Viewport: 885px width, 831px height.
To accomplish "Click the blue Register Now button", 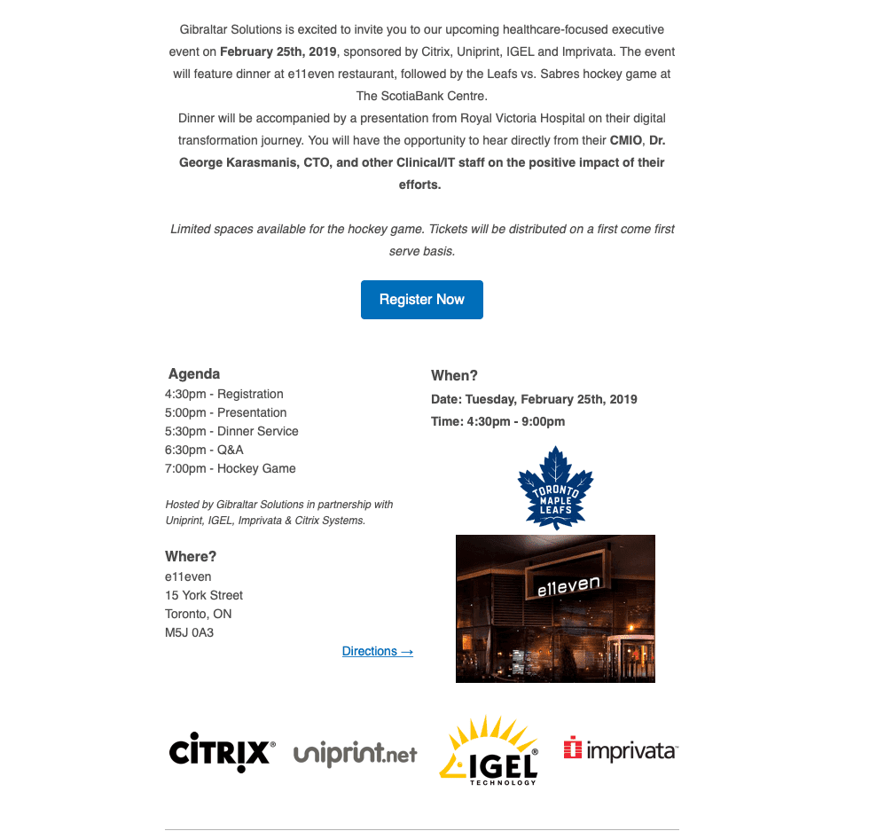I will click(x=422, y=300).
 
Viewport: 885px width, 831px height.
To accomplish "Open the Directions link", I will click(x=378, y=651).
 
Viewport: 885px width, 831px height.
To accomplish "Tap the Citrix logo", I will click(x=222, y=752).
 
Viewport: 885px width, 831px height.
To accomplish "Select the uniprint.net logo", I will click(x=355, y=754).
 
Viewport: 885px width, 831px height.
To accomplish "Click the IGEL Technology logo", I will click(x=489, y=752).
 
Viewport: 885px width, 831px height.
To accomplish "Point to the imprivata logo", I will click(x=621, y=750).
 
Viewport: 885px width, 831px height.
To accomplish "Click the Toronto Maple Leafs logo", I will click(x=555, y=488).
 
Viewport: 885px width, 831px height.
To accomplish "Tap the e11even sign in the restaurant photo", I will click(x=568, y=584).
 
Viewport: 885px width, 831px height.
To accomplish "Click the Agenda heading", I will click(x=194, y=374).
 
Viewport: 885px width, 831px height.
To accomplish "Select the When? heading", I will click(x=455, y=376).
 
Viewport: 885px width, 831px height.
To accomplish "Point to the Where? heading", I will click(x=191, y=557).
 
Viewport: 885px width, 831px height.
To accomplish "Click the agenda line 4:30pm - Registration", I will click(x=224, y=394).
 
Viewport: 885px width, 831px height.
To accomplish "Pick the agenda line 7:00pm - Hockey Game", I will click(x=231, y=468).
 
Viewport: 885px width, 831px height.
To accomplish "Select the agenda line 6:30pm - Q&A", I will click(x=204, y=450).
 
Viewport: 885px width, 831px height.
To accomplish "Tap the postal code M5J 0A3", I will click(x=190, y=633).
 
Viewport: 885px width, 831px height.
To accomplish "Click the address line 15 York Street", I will click(x=204, y=595).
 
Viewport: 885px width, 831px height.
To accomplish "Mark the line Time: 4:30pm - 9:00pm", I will click(x=498, y=421).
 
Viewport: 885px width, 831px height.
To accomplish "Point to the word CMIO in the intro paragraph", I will click(x=626, y=140).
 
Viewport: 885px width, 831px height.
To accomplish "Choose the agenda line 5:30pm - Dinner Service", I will click(x=231, y=431).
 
